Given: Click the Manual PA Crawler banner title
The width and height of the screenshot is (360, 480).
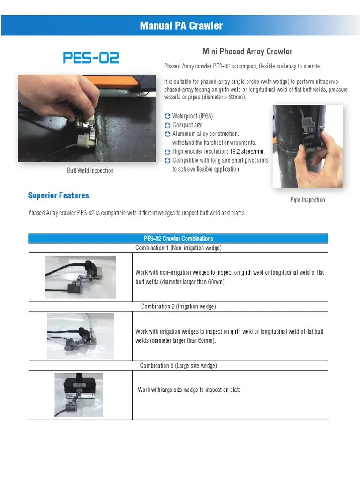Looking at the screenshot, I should click(x=181, y=25).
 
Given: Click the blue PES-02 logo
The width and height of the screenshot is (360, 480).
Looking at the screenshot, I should click(x=91, y=58).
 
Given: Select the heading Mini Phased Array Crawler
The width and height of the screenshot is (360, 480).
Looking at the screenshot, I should click(x=247, y=52).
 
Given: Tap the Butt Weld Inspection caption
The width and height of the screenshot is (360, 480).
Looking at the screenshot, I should click(x=90, y=171).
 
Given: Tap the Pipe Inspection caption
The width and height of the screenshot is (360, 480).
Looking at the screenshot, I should click(x=307, y=200).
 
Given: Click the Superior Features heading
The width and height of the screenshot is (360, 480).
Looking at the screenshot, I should click(x=58, y=195).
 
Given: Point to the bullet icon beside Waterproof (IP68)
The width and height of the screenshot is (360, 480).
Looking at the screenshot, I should click(x=168, y=116).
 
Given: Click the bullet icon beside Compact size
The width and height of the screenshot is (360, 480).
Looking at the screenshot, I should click(x=168, y=125).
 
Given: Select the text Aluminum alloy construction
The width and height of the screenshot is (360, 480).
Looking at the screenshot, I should click(x=205, y=134).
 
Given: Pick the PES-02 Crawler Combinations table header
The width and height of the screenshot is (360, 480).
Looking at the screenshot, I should click(x=178, y=239).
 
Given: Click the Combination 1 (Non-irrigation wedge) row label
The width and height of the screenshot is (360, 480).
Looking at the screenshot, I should click(x=178, y=247).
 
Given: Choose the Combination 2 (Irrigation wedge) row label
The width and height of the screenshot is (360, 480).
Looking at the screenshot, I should click(x=178, y=307).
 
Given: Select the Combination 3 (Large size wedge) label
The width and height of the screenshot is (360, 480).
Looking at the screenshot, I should click(x=178, y=366).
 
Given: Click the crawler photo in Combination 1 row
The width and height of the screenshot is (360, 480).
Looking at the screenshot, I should click(x=80, y=277).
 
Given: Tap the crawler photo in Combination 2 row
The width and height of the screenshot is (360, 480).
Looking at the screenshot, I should click(x=80, y=336).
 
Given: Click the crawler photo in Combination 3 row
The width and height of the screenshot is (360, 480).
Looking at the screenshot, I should click(x=79, y=394).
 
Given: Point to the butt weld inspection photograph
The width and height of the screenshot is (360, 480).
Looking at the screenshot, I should click(x=87, y=118).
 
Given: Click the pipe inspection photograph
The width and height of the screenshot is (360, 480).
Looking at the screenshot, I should click(x=307, y=146).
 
